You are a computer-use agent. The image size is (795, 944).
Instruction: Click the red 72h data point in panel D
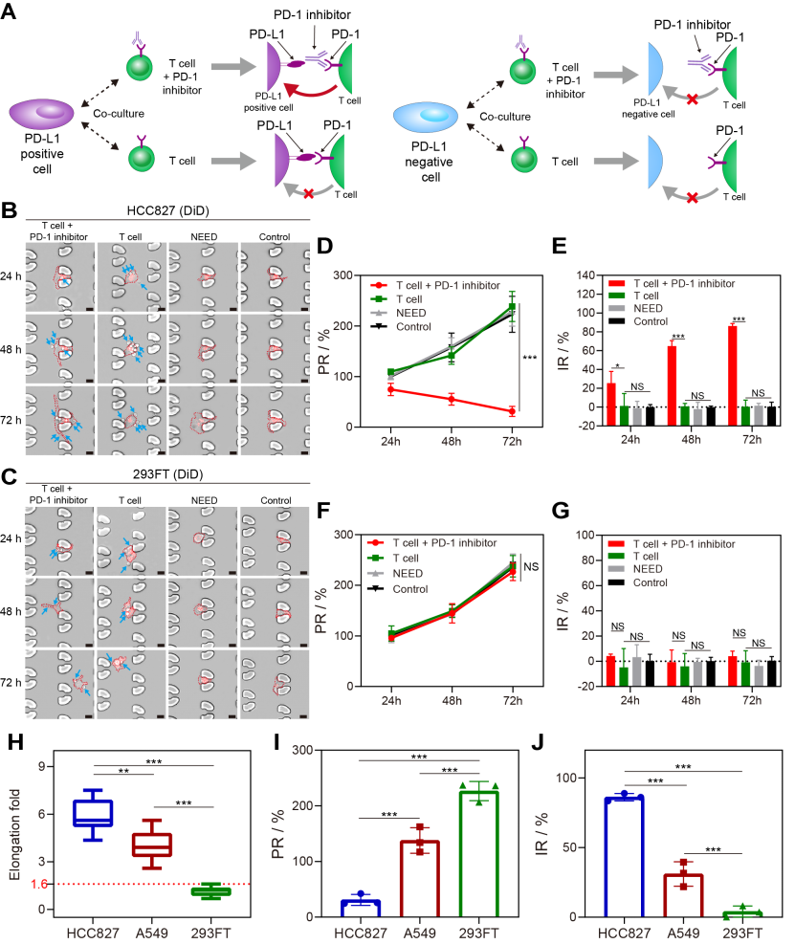[x=511, y=411]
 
